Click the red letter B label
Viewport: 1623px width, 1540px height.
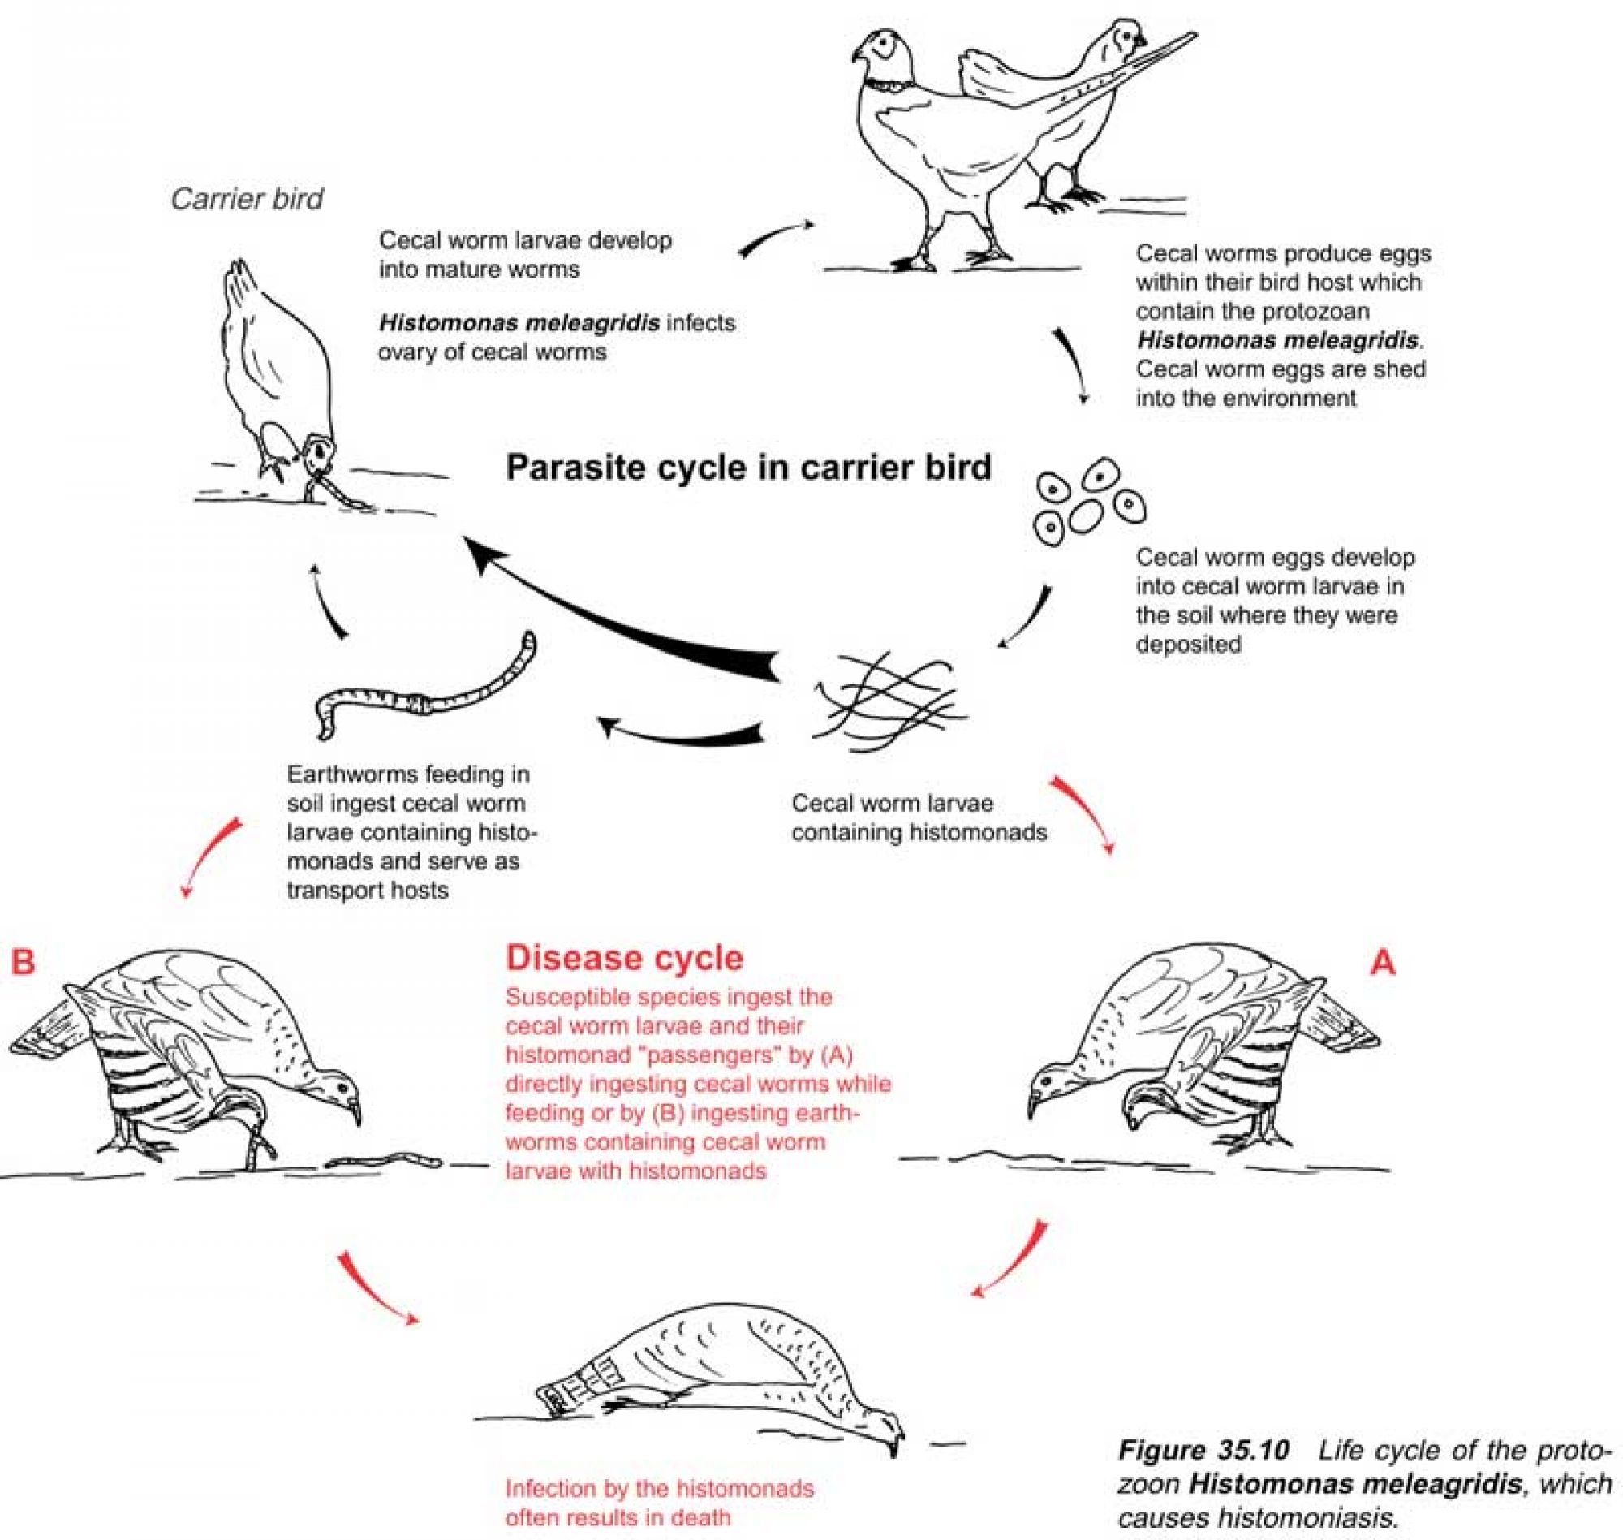(x=23, y=961)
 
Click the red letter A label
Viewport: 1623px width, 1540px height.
(x=1383, y=962)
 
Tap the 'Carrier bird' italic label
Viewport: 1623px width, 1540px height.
(x=247, y=199)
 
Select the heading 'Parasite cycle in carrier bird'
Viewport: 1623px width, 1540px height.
(x=748, y=468)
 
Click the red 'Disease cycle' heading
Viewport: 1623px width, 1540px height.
(x=624, y=958)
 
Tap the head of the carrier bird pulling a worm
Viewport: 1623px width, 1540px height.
(x=317, y=452)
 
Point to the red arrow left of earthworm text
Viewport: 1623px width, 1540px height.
(x=209, y=858)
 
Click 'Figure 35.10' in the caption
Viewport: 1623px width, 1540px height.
(x=1203, y=1451)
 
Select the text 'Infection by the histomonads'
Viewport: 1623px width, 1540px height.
(x=659, y=1488)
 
